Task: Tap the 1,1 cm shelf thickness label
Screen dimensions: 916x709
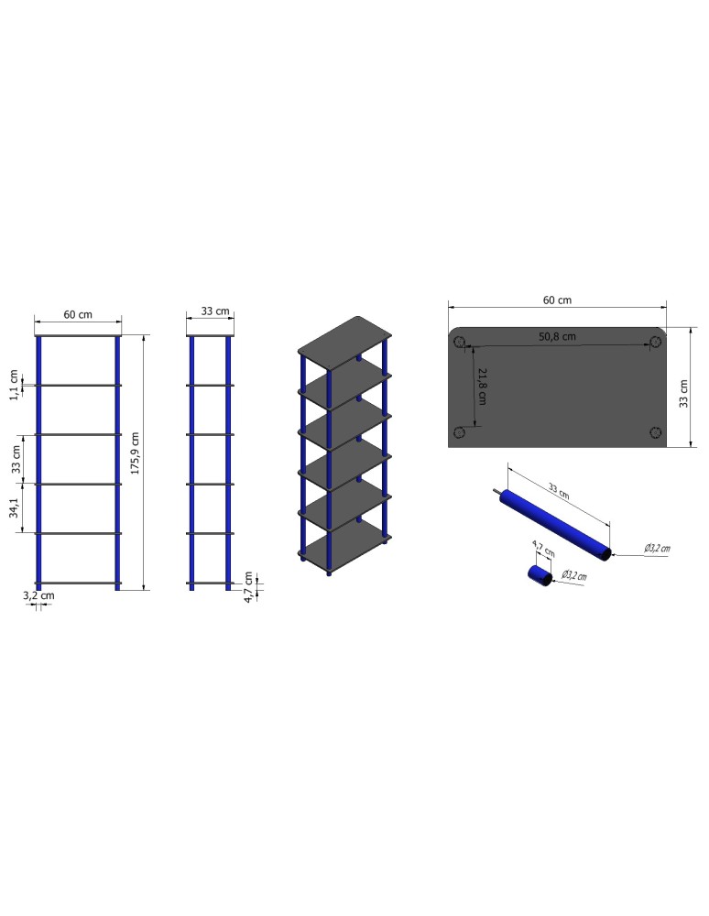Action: (14, 386)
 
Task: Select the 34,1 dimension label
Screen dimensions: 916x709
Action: (14, 508)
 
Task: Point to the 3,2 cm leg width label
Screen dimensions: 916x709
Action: (38, 595)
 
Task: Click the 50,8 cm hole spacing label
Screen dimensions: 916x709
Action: (557, 336)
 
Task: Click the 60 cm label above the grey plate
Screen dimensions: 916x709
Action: (557, 300)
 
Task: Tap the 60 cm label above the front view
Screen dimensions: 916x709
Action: (78, 314)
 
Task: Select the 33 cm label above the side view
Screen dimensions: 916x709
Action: (214, 311)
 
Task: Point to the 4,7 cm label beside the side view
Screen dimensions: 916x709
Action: (248, 583)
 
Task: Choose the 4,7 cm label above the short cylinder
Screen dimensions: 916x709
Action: (542, 551)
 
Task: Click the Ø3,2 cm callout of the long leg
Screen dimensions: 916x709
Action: (656, 548)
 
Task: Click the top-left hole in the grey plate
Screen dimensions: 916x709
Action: (460, 343)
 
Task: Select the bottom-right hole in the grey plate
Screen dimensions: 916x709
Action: (655, 432)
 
